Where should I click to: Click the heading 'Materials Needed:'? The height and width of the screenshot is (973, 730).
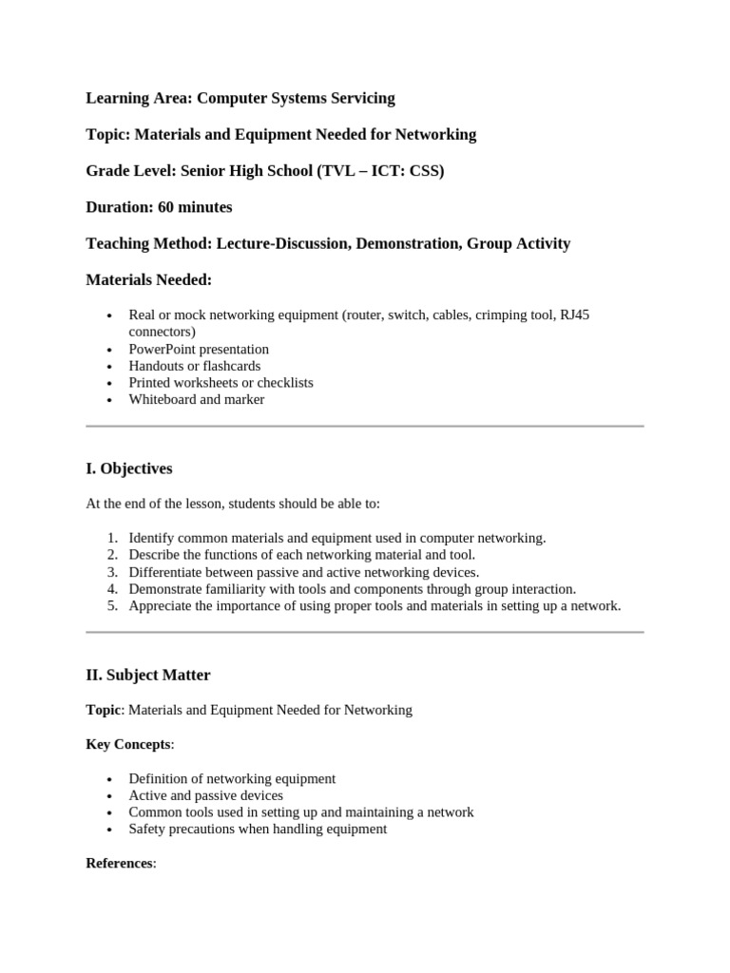point(149,279)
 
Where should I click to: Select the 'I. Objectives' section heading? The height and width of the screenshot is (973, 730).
point(129,468)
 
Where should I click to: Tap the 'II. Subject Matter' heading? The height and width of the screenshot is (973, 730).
point(148,675)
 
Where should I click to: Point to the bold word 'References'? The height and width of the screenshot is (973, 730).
point(119,863)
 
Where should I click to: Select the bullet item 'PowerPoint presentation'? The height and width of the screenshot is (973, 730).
point(199,349)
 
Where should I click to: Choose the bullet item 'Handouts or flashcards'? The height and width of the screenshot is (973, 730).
point(194,366)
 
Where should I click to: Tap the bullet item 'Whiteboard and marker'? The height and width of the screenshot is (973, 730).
point(196,399)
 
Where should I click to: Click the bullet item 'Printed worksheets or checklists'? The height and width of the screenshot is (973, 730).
point(221,382)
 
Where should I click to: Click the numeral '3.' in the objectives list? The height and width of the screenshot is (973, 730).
point(112,572)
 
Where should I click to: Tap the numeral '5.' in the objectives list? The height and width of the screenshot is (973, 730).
point(112,605)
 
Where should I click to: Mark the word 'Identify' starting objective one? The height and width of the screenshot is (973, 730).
point(152,538)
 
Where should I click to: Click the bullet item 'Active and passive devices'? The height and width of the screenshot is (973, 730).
point(205,795)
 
